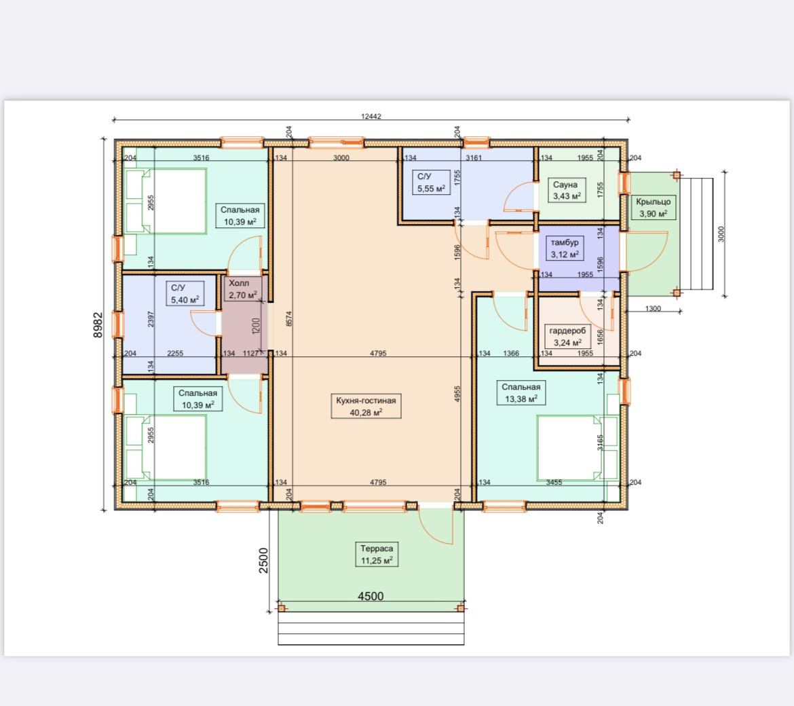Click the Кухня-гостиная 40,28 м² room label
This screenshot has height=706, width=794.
tap(366, 406)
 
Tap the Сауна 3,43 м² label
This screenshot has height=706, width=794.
tap(567, 191)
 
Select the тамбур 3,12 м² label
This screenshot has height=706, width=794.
tap(565, 248)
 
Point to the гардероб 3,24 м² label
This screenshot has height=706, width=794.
tap(567, 336)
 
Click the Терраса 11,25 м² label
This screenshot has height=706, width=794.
tap(377, 554)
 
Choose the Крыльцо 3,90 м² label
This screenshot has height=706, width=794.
tap(654, 207)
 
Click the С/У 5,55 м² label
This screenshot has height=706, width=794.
tap(431, 183)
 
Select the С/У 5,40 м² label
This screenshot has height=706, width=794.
tap(185, 294)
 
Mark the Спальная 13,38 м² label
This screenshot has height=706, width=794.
tap(521, 393)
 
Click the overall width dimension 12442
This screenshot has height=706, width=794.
tap(371, 116)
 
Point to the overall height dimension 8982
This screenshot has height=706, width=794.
tap(98, 324)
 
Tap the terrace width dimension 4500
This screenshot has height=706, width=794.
tap(371, 596)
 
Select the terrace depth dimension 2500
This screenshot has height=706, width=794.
tap(263, 560)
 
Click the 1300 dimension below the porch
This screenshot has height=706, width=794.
tap(654, 308)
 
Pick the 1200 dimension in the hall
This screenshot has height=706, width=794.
tap(256, 326)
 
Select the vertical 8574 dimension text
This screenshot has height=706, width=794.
tap(288, 318)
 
